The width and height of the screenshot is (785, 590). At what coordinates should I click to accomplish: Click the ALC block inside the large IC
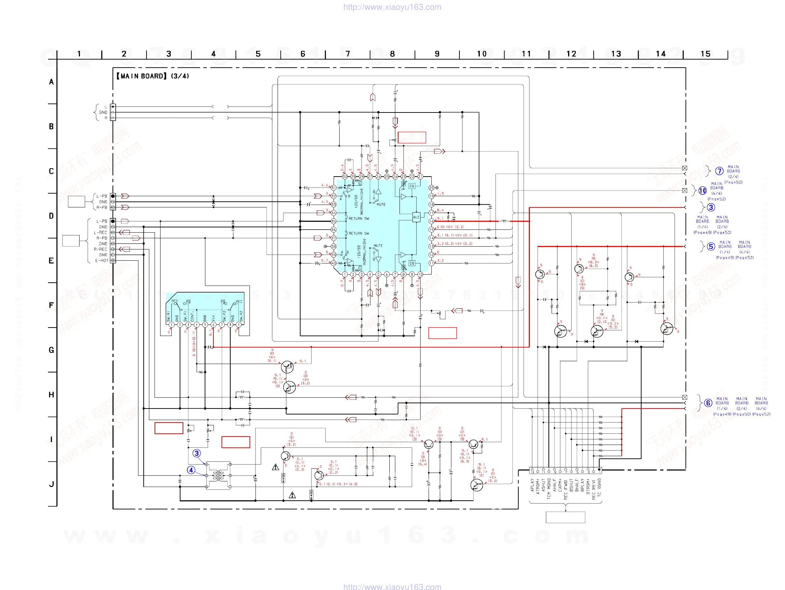click(416, 217)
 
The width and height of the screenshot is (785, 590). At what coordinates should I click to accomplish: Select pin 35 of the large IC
click(333, 221)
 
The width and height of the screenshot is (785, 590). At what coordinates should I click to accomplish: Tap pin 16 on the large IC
click(431, 221)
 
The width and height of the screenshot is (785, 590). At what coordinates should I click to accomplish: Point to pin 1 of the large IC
click(344, 274)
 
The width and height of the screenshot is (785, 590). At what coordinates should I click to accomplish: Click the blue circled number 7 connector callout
click(719, 171)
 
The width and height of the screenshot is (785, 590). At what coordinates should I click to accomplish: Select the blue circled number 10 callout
click(702, 191)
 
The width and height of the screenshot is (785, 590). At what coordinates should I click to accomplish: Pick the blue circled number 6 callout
click(708, 403)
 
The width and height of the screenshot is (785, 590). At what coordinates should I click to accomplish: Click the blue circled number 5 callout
click(710, 246)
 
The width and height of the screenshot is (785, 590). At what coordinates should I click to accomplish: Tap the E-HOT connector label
click(102, 260)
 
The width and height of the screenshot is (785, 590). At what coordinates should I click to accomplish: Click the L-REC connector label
click(101, 232)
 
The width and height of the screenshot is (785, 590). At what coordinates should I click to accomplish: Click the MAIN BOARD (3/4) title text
click(152, 76)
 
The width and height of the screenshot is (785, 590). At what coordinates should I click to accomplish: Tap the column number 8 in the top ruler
click(392, 54)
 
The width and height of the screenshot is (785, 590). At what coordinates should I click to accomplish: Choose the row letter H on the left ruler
click(52, 395)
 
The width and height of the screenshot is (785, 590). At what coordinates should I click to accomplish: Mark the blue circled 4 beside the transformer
click(191, 470)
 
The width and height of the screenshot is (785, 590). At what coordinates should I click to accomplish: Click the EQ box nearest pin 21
click(412, 186)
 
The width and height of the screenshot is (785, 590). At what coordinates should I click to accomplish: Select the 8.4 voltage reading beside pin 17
click(440, 210)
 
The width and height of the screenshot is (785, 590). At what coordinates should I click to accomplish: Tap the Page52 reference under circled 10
click(716, 199)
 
